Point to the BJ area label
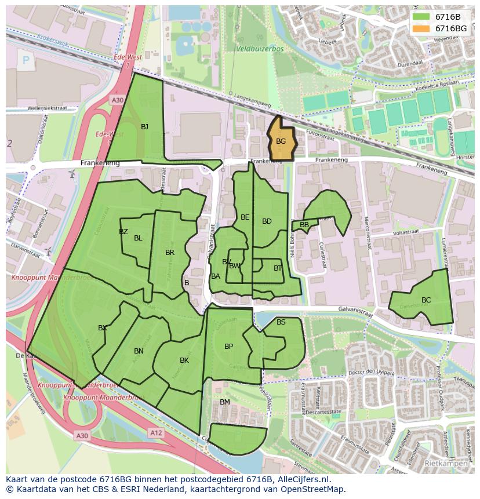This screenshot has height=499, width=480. pos(144,127)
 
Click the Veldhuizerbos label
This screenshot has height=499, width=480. pos(260,49)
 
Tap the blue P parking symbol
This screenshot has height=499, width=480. pos(26,60)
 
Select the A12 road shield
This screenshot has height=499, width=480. pos(155,432)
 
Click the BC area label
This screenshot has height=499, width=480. pos(426,300)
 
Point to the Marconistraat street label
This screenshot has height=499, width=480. pos(367,232)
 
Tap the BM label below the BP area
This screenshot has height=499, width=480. pos(225,402)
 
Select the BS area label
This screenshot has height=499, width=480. pos(281,322)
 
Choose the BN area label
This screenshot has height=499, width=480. pos(139,351)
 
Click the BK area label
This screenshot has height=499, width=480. pos(184,360)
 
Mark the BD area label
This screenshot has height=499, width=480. pos(267,221)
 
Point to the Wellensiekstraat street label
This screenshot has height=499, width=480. pos(48,108)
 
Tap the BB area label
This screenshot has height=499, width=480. pos(304,225)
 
